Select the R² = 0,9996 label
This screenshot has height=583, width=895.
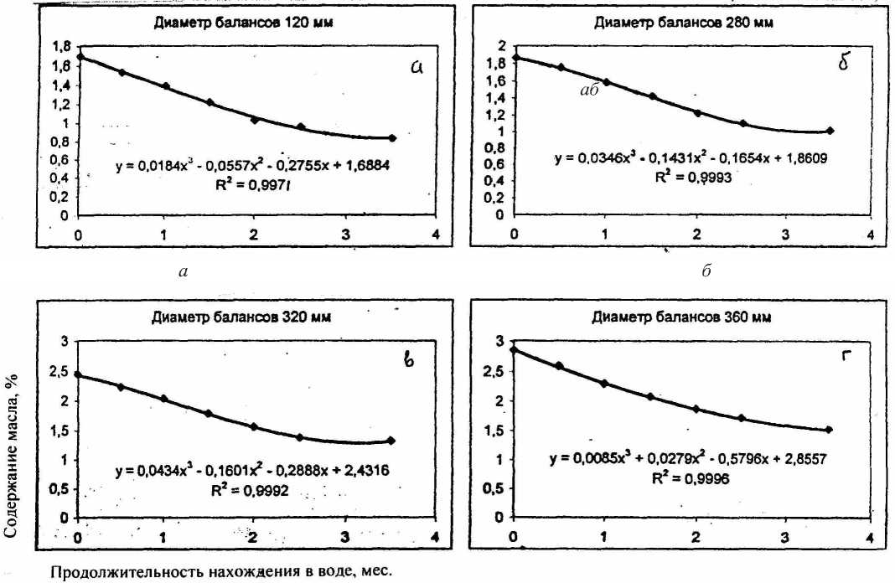(x=685, y=477)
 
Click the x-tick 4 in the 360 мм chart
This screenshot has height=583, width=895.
(x=872, y=536)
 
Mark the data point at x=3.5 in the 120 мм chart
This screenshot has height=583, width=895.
(x=392, y=138)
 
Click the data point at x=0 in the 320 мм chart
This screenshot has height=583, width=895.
(x=77, y=374)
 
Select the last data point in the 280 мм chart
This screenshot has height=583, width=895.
(x=830, y=131)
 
